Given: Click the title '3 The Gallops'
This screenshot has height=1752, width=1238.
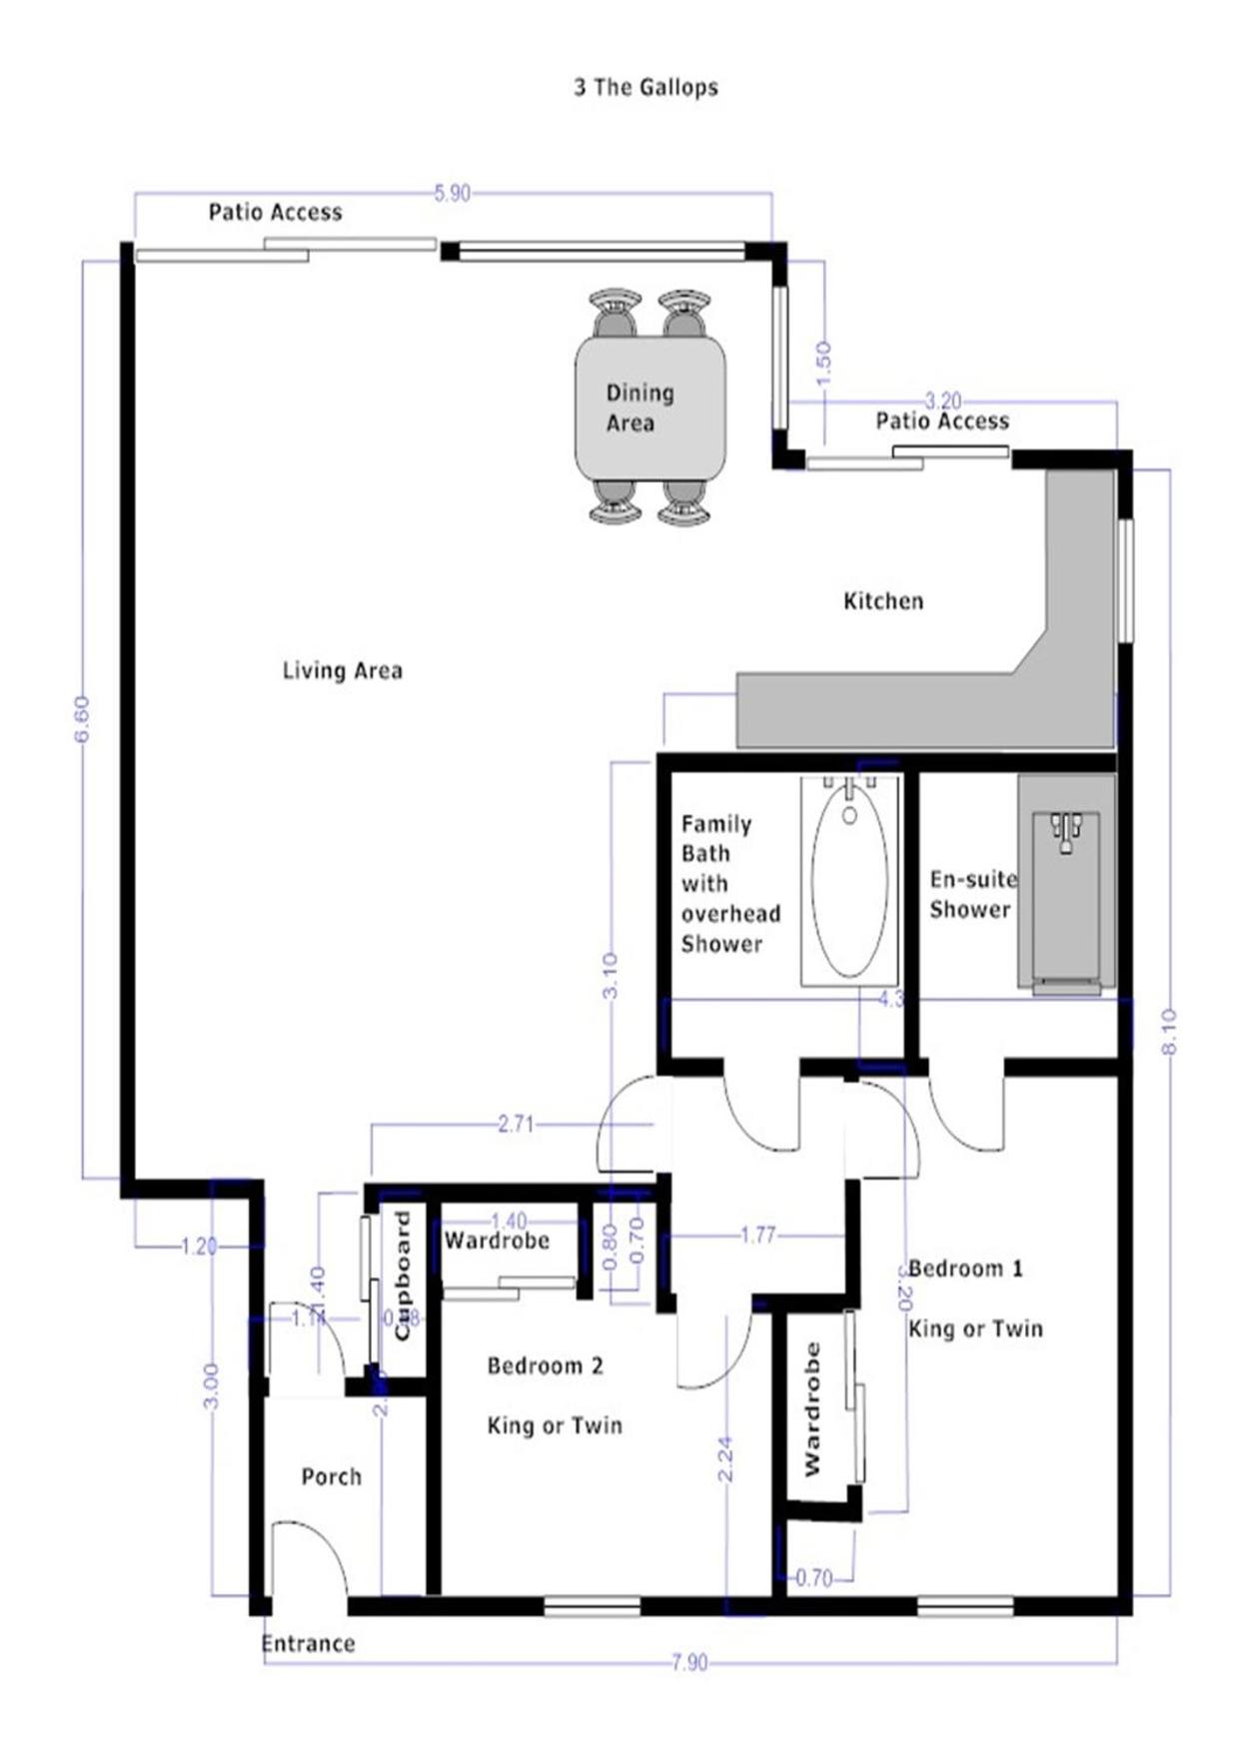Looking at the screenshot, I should point(645,87).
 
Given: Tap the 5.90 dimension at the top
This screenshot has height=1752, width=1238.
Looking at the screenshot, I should point(452,193).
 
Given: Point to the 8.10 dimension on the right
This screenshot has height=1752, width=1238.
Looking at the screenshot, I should point(1170,1031).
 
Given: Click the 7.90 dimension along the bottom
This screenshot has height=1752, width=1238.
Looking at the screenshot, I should point(688,1662).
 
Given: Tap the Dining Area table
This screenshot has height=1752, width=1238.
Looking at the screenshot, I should point(649,409).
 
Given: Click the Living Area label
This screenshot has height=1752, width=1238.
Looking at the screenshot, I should point(342,670).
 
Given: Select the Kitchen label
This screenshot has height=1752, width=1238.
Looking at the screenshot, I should point(883,601).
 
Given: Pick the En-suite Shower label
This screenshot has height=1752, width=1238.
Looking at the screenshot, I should point(972,894).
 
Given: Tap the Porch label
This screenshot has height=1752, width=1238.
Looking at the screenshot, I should point(331,1476).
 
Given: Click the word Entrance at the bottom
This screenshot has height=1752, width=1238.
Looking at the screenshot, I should point(308,1643).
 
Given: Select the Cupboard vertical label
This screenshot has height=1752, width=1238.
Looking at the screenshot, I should point(403,1276).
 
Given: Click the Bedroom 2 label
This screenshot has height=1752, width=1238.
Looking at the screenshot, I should point(545,1365).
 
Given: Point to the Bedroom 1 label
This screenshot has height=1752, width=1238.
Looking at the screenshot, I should point(966,1269).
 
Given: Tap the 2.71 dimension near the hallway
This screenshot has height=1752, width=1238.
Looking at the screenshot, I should point(516,1125).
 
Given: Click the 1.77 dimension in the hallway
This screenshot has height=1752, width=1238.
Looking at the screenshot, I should point(757,1236).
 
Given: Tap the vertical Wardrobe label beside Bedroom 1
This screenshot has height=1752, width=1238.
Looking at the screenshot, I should point(812,1409).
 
